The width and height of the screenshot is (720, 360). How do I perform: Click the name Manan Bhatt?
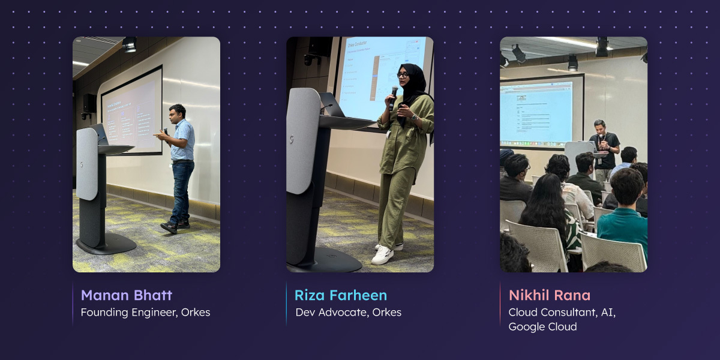(126, 295)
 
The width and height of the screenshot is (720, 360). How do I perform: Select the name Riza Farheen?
(340, 295)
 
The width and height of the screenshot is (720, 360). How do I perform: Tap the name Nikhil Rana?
(550, 295)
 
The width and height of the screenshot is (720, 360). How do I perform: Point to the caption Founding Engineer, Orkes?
(145, 313)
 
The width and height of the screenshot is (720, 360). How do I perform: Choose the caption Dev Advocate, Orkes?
(348, 313)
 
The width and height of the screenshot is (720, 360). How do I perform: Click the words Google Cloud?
(542, 327)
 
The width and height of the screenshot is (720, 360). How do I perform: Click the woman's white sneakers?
(383, 254)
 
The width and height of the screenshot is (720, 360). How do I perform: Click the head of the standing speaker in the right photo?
(599, 126)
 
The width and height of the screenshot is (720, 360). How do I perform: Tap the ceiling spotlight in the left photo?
(129, 44)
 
